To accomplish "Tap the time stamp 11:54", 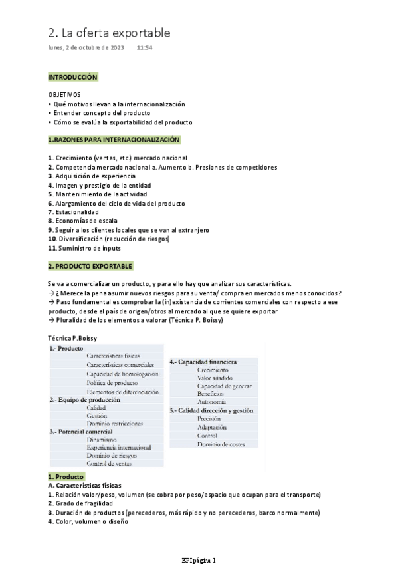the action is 144,49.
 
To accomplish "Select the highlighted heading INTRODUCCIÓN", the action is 73,78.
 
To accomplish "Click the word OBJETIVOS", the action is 64,95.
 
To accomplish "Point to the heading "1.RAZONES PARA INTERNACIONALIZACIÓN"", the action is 114,140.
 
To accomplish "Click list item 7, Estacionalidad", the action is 79,212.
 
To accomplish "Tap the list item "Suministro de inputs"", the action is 87,248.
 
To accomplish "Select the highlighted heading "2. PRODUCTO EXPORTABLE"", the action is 90,266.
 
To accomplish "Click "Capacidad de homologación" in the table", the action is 122,374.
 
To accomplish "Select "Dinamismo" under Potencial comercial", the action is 102,439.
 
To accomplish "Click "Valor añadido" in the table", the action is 215,378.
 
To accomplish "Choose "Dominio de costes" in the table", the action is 222,444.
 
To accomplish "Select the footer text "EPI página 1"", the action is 199,559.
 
